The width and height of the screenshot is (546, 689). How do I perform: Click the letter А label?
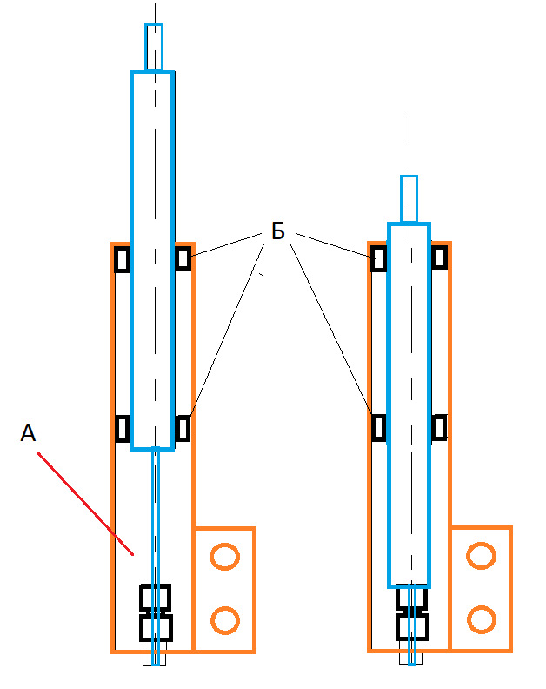coord(28,433)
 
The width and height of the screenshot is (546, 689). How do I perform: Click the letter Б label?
coord(278,231)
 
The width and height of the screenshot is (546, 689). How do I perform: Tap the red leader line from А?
coord(85,504)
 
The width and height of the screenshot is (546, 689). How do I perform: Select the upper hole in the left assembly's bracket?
coord(225,557)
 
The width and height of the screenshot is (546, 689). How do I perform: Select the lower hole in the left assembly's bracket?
coord(225,620)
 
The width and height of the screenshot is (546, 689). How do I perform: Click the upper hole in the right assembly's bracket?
coord(482,556)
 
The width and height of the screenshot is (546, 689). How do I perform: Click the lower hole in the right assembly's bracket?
coord(482,619)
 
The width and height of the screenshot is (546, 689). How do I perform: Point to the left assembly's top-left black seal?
coord(122,259)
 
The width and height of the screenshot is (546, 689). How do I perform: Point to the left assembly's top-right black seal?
coord(183,258)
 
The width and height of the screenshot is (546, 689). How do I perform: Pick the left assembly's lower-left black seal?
coord(123,428)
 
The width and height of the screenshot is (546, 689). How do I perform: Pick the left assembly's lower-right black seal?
coord(183,428)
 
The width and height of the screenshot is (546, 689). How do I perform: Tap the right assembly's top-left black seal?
coord(379,258)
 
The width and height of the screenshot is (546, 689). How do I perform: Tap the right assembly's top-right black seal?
coord(439,258)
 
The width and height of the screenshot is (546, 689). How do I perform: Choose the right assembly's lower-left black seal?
coord(379,427)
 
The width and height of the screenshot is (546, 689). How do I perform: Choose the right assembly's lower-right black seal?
coord(439,427)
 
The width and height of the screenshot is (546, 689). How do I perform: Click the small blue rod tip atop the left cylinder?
coord(154,47)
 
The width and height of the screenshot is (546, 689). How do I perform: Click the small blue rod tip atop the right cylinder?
coord(409,199)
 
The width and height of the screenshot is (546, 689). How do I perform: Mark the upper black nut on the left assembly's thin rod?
coord(155,597)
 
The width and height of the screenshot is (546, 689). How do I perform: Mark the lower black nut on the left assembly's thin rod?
coord(156,627)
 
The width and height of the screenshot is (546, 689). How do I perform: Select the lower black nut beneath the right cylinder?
coord(412,627)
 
